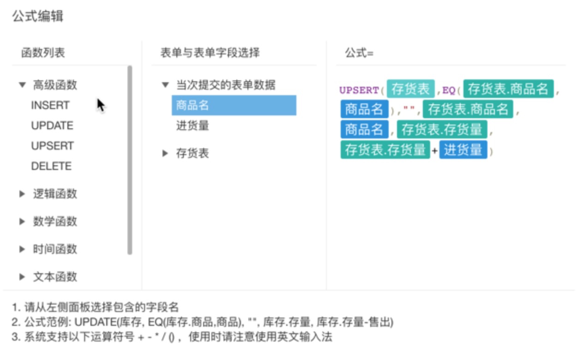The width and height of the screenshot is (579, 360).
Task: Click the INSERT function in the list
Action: point(50,105)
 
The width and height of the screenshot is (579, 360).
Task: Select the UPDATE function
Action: point(52,126)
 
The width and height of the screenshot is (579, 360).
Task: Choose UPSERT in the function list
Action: point(53,146)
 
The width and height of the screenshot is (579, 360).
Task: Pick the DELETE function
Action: point(51,166)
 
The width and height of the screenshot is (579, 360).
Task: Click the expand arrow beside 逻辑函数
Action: point(22,194)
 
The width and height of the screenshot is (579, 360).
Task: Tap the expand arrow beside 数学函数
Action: point(22,222)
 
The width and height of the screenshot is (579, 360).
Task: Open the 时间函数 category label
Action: point(55,249)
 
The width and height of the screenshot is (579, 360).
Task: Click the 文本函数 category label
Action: point(55,277)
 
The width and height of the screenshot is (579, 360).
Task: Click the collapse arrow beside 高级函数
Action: point(22,85)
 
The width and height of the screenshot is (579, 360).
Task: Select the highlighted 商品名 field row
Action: point(234,105)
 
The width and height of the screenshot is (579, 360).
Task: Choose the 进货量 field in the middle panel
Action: point(193,126)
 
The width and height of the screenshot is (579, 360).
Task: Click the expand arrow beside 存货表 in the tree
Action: point(165,153)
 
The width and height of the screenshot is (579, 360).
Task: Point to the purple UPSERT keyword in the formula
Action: point(359,90)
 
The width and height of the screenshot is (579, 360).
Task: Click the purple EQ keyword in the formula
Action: point(449,90)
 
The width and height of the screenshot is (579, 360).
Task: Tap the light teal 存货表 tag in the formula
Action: point(410,89)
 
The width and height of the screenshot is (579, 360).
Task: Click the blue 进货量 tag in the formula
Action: point(463,150)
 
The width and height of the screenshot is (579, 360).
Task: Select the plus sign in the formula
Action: point(434,150)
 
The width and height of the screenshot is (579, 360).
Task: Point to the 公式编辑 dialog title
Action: point(38,16)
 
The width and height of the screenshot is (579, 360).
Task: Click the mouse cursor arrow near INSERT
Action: point(101,105)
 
